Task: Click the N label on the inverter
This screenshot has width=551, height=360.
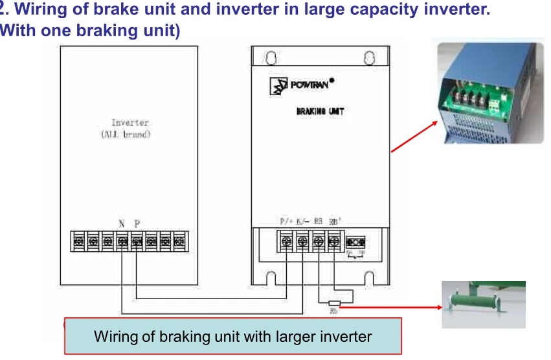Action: click(x=121, y=223)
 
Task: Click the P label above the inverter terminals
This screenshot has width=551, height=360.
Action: click(x=137, y=223)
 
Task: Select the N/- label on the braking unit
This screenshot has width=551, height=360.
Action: click(x=302, y=221)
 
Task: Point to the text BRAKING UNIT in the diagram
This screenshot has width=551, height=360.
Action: click(x=320, y=111)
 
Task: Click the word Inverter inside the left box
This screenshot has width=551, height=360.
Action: click(x=130, y=122)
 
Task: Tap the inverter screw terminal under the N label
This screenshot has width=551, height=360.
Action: click(x=122, y=242)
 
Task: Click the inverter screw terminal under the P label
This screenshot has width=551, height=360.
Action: click(x=136, y=242)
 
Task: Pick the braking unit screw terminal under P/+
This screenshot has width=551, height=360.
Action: click(x=287, y=243)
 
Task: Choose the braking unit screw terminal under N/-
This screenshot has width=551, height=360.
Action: click(x=302, y=243)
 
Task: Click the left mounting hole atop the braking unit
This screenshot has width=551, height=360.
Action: click(x=271, y=58)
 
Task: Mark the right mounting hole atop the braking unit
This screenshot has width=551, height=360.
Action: click(x=369, y=58)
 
